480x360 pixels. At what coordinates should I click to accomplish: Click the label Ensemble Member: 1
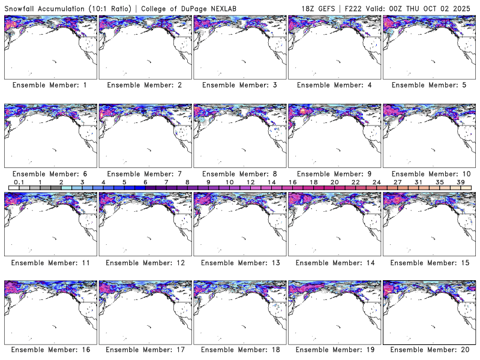[x=50, y=85]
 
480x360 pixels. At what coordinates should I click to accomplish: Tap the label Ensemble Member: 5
[x=429, y=85]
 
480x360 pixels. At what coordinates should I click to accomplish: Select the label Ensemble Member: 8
[x=239, y=173]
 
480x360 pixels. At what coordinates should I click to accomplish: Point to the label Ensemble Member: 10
[x=429, y=173]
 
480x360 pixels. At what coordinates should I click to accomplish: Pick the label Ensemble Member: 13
[x=239, y=262]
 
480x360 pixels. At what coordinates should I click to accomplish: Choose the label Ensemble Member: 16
[x=50, y=349]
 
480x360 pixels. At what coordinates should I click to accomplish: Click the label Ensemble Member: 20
[x=429, y=349]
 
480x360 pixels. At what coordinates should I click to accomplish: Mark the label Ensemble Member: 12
[x=145, y=262]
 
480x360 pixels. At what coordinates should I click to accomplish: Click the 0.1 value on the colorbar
[x=19, y=182]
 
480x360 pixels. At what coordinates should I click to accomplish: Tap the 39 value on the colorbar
[x=461, y=182]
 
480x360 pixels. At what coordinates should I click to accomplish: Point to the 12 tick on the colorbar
[x=251, y=182]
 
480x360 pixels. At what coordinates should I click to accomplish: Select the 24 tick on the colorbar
[x=377, y=182]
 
